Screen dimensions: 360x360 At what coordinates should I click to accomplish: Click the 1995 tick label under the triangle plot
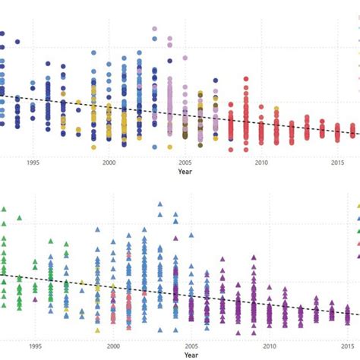coord(33,346)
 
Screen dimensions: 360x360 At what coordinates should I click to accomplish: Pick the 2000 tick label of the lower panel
coord(113,346)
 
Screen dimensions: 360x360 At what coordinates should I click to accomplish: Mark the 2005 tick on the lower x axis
coord(192,346)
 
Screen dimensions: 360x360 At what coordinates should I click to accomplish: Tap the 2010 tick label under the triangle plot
coord(270,346)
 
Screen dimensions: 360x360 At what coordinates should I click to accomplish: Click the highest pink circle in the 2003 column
coord(155,30)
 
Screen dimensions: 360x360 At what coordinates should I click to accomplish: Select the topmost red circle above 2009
coord(246,78)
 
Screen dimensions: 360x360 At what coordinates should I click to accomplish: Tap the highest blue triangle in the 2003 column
coord(159,204)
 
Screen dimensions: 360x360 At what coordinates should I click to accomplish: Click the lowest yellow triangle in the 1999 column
coord(97,330)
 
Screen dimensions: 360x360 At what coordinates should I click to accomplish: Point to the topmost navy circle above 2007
coord(215,77)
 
